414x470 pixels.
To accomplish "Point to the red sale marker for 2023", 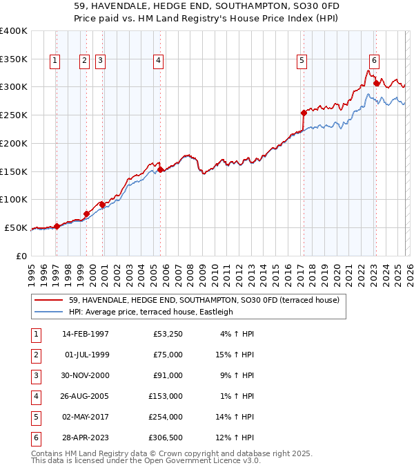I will tap(376, 84).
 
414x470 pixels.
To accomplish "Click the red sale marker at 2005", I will tap(160, 169).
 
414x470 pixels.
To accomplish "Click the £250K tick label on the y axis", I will tap(14, 115).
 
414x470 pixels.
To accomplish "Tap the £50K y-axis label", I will tap(17, 227).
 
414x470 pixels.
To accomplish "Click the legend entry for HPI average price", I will tap(150, 312).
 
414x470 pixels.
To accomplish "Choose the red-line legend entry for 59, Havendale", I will tap(204, 300).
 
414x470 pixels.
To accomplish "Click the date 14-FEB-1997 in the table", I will tap(86, 334).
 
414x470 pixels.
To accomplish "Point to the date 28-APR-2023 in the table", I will tap(86, 438).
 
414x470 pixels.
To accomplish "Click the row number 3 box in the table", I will tap(34, 375).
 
